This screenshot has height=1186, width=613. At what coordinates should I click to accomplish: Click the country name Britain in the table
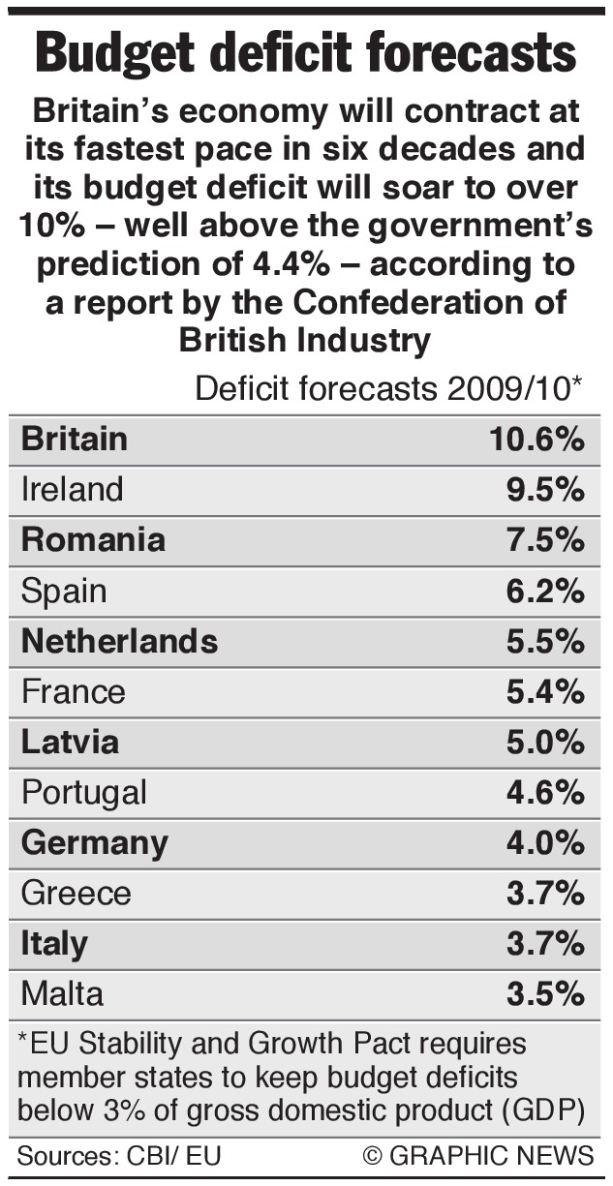tap(75, 439)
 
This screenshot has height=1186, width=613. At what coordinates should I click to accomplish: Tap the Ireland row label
tap(73, 489)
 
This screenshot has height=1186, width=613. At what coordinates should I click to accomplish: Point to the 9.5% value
tap(545, 489)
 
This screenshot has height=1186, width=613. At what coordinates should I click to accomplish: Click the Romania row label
tap(93, 539)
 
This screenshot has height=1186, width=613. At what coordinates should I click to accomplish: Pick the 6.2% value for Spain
tap(545, 590)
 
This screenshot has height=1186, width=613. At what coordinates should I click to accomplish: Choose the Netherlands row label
tap(119, 640)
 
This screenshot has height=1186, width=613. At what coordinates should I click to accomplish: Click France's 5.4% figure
tap(545, 691)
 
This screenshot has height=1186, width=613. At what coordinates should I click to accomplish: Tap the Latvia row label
tap(71, 742)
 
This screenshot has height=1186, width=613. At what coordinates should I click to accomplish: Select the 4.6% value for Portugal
tap(545, 792)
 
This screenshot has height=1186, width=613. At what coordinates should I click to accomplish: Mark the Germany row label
tap(95, 842)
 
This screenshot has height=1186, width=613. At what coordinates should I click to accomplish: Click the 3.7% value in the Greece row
tap(545, 893)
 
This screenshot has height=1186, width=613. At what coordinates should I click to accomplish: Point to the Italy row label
tap(54, 943)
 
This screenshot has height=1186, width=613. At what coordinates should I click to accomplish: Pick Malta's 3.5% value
tap(545, 993)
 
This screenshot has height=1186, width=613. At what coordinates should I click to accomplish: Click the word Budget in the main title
tap(129, 53)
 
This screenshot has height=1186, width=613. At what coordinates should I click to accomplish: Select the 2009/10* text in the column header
tap(519, 388)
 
